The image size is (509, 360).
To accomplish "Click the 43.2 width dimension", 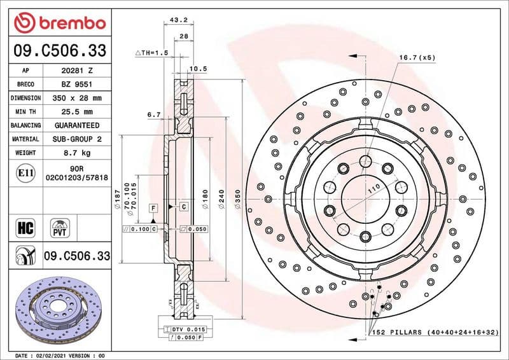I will click(180, 20).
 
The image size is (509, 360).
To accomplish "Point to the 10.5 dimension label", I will click(199, 68).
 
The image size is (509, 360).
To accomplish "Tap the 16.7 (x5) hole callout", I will click(417, 58).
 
